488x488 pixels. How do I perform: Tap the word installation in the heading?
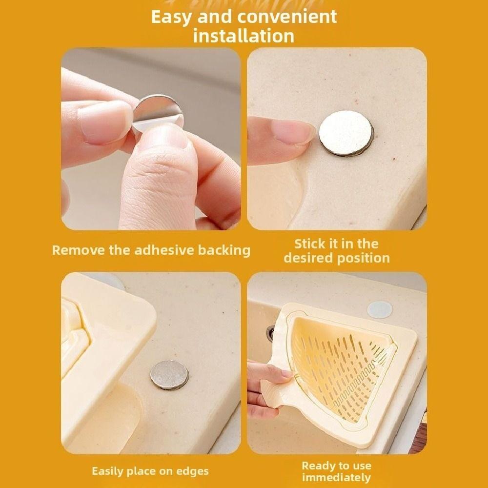[244, 36]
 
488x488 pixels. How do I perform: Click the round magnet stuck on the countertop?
[346, 133]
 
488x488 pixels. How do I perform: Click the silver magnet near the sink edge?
[169, 374]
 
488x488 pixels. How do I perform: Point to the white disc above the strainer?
[380, 309]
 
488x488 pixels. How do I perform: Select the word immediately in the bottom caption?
[336, 477]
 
